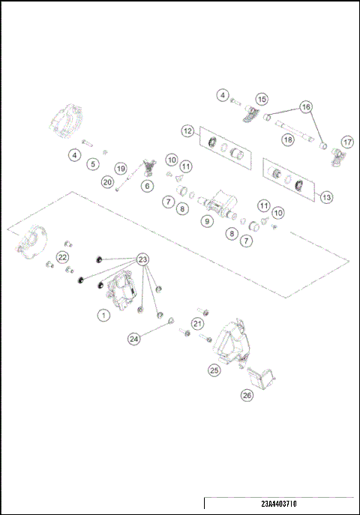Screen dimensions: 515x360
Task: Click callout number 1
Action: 103,316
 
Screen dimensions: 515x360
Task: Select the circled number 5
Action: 93,163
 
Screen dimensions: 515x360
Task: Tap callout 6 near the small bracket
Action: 147,185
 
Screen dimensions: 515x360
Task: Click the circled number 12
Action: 187,130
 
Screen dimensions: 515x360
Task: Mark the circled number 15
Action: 262,99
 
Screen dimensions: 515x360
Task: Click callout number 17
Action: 346,142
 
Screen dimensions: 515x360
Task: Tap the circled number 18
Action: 286,139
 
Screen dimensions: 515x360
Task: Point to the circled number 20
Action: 107,181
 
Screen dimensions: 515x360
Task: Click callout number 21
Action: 197,323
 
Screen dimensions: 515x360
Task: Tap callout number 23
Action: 142,259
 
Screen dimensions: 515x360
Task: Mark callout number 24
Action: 134,339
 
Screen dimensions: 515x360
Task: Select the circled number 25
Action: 214,370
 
